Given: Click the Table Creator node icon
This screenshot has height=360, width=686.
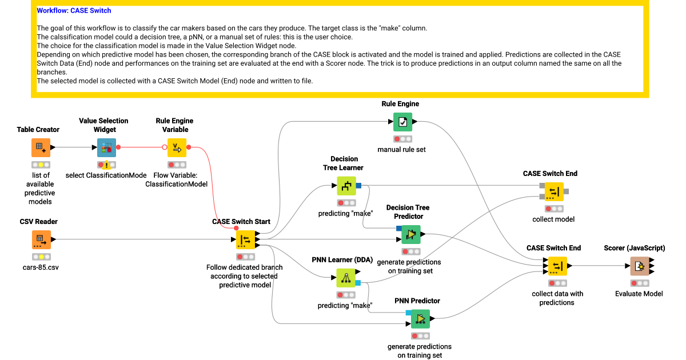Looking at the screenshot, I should pyautogui.click(x=41, y=147).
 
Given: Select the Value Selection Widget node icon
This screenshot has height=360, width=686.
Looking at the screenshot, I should pyautogui.click(x=106, y=147).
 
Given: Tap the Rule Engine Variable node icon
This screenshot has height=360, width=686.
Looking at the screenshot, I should pyautogui.click(x=177, y=147).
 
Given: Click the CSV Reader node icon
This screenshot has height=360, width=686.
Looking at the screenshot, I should pyautogui.click(x=41, y=239).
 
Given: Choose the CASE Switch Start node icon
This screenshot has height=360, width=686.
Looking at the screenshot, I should pyautogui.click(x=246, y=239).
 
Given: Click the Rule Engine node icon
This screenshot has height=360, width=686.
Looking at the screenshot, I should pyautogui.click(x=402, y=122).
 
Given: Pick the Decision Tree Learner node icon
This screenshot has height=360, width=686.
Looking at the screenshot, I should pyautogui.click(x=346, y=186).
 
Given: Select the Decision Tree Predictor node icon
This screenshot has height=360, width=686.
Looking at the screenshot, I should pyautogui.click(x=410, y=234).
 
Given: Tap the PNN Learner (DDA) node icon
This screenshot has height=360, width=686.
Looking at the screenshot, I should pyautogui.click(x=346, y=278).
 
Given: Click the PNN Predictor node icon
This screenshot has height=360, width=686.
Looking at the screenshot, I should pyautogui.click(x=420, y=319).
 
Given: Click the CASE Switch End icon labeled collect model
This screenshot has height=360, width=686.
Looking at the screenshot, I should pyautogui.click(x=554, y=191).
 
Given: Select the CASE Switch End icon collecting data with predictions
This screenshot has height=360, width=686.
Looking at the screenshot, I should pyautogui.click(x=557, y=266).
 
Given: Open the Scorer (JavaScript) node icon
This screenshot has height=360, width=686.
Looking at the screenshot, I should pyautogui.click(x=640, y=266).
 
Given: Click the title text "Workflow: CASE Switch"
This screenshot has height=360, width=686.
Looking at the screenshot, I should pyautogui.click(x=74, y=10).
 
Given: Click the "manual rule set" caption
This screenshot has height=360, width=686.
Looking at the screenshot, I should pyautogui.click(x=402, y=150).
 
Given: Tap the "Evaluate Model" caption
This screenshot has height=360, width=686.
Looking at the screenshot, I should pyautogui.click(x=639, y=293).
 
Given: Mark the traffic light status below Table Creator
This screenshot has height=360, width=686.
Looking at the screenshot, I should pyautogui.click(x=41, y=165).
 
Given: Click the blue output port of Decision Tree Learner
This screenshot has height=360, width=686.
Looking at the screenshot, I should pyautogui.click(x=358, y=186).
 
